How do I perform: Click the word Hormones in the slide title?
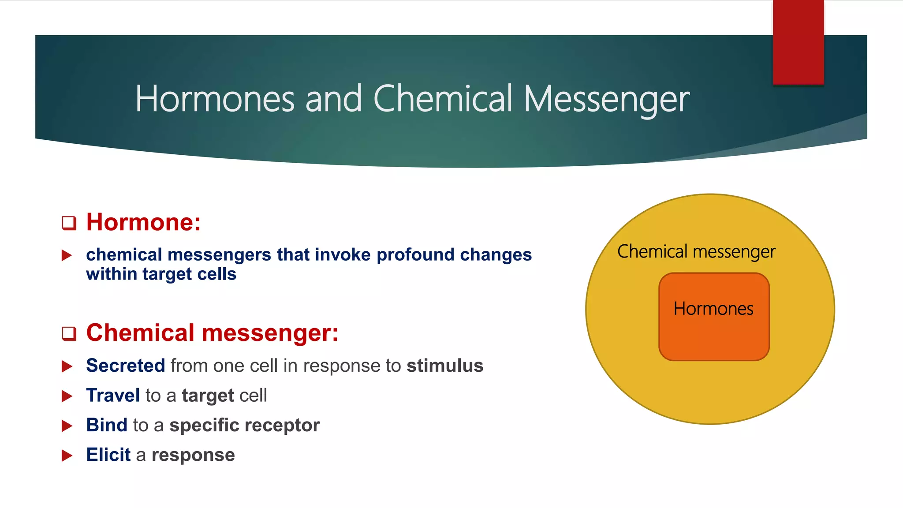click(x=215, y=99)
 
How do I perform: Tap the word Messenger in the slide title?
click(x=606, y=99)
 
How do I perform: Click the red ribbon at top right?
click(x=798, y=42)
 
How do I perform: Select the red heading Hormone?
click(x=143, y=222)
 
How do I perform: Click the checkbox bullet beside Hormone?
click(x=69, y=223)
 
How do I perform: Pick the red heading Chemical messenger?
click(x=212, y=332)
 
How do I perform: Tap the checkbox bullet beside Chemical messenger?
click(x=69, y=333)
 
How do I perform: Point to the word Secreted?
click(x=125, y=366)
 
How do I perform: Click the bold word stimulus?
click(x=444, y=366)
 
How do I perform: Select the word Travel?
click(x=113, y=395)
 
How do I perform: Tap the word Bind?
click(x=107, y=425)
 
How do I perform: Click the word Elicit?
click(x=108, y=455)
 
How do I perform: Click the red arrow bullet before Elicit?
click(x=67, y=456)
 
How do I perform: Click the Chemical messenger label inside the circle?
click(x=696, y=251)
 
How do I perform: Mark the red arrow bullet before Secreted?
click(x=67, y=366)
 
